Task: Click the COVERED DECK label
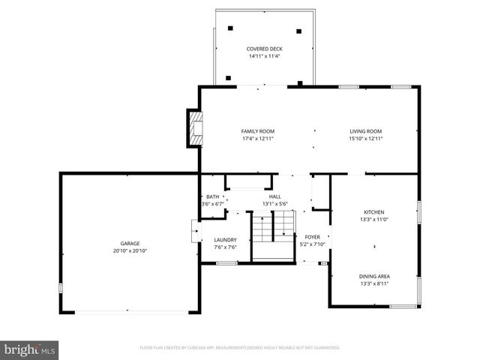[x=264, y=49]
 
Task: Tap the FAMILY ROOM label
[x=257, y=131]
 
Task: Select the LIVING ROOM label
[x=366, y=131]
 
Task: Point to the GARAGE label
[x=130, y=243]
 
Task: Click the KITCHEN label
[x=374, y=211]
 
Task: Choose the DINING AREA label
[x=374, y=277]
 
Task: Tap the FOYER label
[x=312, y=236]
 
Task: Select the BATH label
[x=213, y=196]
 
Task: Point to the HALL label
[x=275, y=196]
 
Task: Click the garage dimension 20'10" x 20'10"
[x=130, y=250]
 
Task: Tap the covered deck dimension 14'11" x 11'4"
[x=264, y=56]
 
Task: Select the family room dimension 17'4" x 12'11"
[x=257, y=139]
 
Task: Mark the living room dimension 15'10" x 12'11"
[x=366, y=139]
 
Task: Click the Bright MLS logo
[x=29, y=349]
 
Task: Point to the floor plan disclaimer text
[x=240, y=348]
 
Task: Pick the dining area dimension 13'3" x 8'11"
[x=374, y=284]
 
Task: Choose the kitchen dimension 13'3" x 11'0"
[x=374, y=219]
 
